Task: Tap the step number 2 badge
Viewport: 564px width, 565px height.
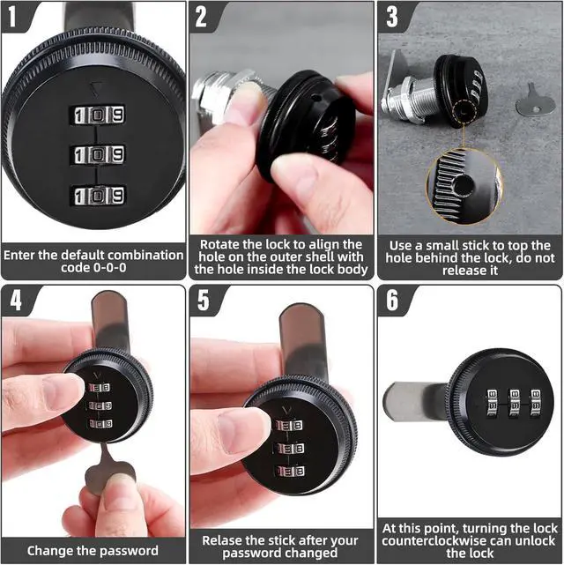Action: pos(201,16)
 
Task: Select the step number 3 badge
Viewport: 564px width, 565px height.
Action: pos(391,16)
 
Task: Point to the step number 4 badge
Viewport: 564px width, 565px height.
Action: pos(15,300)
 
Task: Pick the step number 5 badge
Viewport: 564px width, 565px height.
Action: pos(204,300)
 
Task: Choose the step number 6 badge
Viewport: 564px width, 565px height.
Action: pos(392,300)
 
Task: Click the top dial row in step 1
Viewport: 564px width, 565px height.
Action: pos(98,115)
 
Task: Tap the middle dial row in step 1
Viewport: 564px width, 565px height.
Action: pos(98,155)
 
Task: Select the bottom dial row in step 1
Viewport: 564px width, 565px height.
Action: pos(98,196)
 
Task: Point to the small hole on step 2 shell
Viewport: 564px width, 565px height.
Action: pos(315,97)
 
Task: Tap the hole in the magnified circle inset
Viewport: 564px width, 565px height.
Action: pos(464,186)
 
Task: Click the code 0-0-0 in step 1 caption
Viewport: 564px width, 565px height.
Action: pos(93,268)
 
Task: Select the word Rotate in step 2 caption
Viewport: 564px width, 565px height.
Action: pos(219,245)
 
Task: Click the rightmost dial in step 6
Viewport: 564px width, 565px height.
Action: pos(535,403)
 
